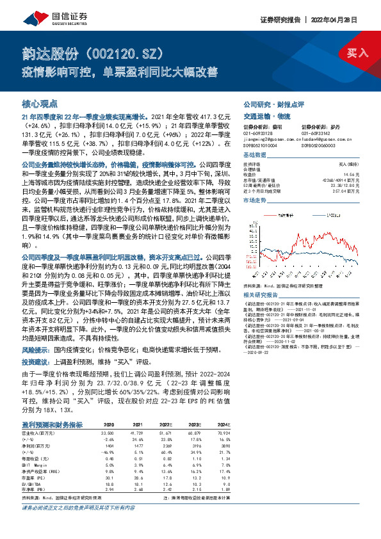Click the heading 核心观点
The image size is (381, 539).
pos(40,103)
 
